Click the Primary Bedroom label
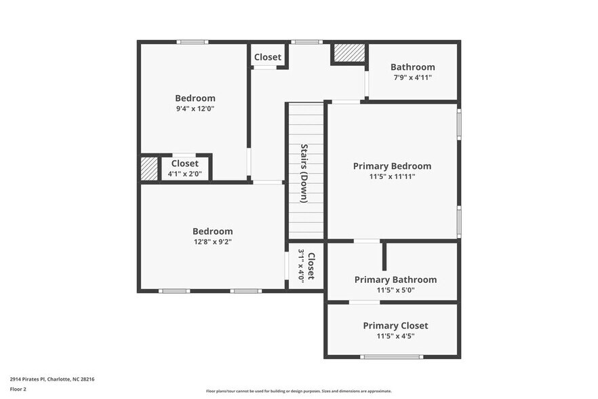pos(392,166)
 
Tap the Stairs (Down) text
pos(304,172)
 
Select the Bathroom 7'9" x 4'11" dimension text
pos(412,77)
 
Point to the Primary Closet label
pos(395,325)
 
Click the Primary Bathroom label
pos(395,280)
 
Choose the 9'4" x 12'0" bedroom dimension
pos(195,109)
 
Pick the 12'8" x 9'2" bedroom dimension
pos(212,242)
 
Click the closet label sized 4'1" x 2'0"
pos(184,164)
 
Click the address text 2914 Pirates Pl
pos(52,379)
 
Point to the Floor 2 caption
pos(19,389)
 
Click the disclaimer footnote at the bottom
pos(298,392)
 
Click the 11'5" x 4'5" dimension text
pos(395,335)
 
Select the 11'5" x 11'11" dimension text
pos(392,176)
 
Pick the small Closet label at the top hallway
pos(267,57)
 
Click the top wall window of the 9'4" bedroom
pos(192,42)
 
